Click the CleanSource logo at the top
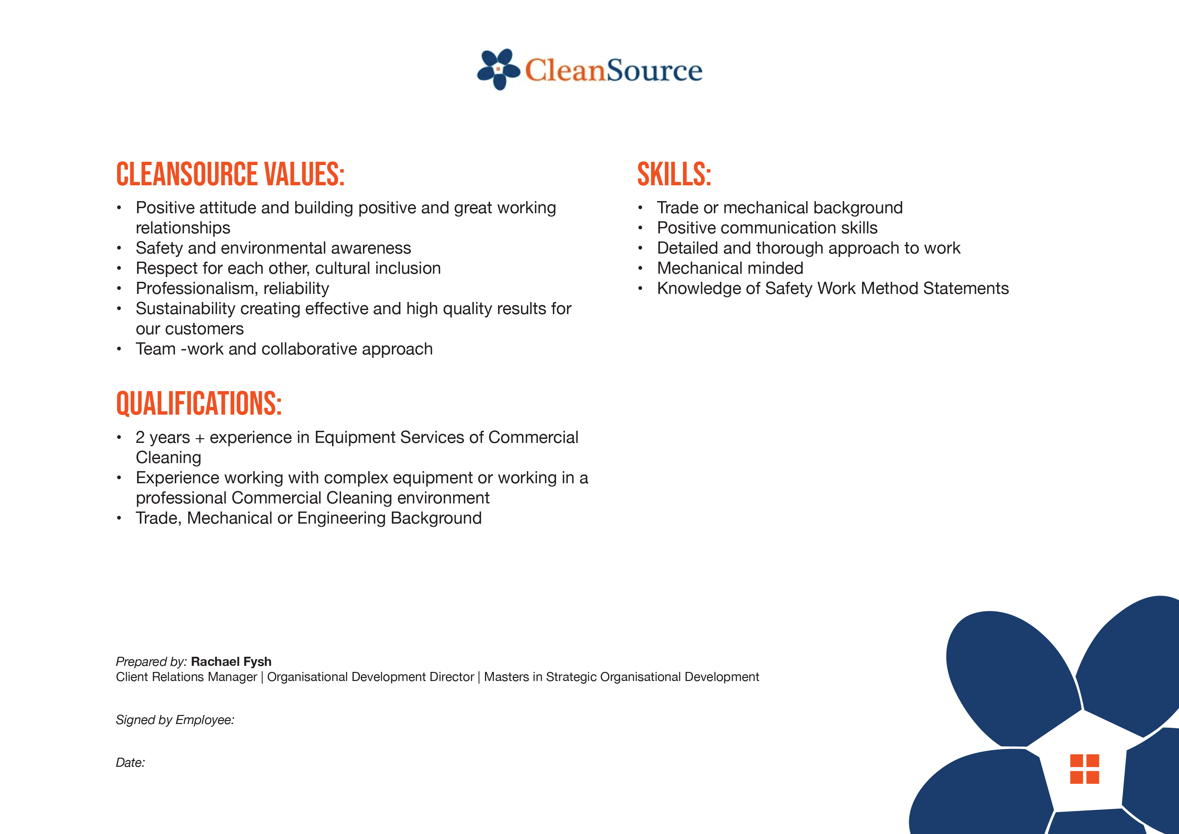point(589,69)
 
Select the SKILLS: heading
point(674,174)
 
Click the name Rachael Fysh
point(231,661)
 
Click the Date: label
point(130,763)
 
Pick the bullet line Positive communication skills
point(767,228)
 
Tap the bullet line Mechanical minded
point(730,268)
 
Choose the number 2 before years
point(140,437)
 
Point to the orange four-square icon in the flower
point(1085,769)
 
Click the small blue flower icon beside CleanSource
point(498,69)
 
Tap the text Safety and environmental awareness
point(273,248)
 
